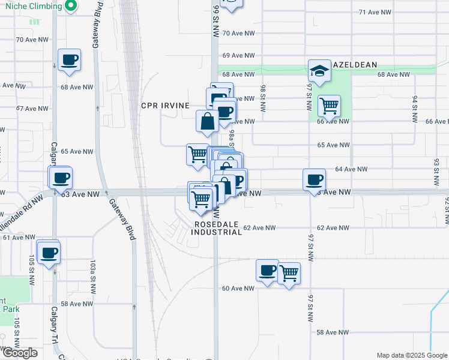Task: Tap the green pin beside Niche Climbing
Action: click(70, 7)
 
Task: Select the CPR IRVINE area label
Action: click(165, 106)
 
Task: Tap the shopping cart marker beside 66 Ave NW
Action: click(329, 106)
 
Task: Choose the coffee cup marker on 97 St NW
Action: click(313, 179)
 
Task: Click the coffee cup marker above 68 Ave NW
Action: click(70, 59)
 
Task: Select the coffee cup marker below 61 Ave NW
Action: click(49, 251)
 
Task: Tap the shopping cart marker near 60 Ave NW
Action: click(289, 273)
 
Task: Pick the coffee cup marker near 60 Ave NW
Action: click(267, 270)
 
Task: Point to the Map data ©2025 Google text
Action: click(412, 355)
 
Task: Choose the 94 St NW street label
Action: click(414, 108)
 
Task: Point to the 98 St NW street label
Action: click(262, 97)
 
